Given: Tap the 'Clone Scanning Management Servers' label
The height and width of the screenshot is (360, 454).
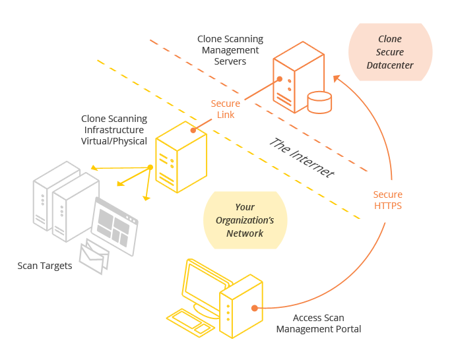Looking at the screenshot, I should (230, 51).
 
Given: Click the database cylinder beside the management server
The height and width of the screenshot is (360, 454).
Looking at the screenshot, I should (319, 102).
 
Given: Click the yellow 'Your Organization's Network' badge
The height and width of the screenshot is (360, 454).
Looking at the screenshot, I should (245, 220).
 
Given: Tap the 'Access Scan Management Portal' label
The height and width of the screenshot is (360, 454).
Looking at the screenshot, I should (319, 323).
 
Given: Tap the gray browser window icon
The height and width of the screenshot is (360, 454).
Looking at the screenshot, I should (115, 226).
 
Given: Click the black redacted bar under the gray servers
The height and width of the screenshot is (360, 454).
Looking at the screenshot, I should (44, 266).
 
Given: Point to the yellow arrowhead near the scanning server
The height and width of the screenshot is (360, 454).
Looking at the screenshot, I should (146, 196).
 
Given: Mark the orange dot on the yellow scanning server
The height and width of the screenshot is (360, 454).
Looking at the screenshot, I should (193, 131).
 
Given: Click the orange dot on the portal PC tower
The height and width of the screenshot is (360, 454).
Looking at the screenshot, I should (253, 307).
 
